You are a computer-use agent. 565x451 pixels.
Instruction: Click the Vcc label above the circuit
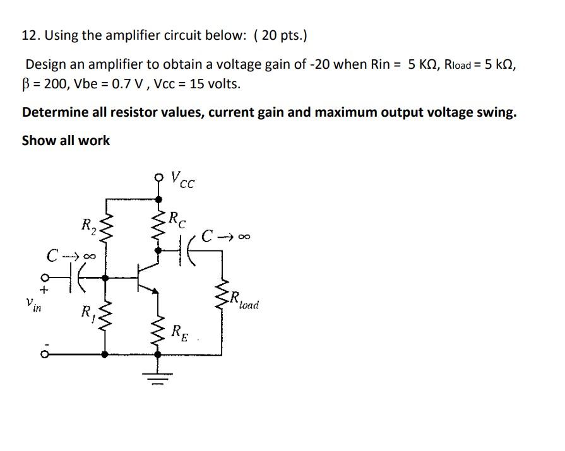click(x=184, y=181)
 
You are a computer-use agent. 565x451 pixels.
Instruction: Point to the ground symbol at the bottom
click(x=160, y=378)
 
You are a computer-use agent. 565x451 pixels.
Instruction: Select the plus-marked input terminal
click(x=44, y=278)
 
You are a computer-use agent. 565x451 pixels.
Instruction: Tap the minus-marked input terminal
click(x=44, y=354)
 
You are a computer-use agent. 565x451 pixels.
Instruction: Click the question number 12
click(x=29, y=35)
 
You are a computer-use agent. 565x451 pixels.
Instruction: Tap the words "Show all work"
click(x=66, y=141)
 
